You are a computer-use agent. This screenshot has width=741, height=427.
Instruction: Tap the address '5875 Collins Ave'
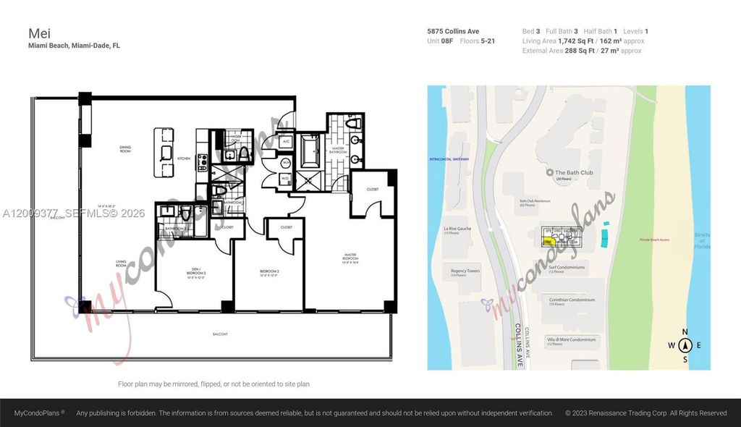[x=454, y=31]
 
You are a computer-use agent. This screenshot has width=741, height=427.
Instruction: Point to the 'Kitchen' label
[x=184, y=158]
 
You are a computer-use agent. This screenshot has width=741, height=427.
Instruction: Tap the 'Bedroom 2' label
[x=269, y=273]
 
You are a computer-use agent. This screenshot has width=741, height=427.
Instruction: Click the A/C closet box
[x=286, y=141]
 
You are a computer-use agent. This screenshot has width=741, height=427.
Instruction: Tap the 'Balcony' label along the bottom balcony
[x=220, y=334]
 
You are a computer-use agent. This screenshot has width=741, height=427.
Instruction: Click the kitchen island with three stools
[x=164, y=153]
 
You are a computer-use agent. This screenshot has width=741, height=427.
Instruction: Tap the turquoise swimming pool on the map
[x=604, y=235]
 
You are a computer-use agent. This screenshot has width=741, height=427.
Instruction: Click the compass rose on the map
[x=685, y=345]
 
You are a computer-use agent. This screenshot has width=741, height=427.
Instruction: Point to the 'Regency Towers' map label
[x=465, y=273]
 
